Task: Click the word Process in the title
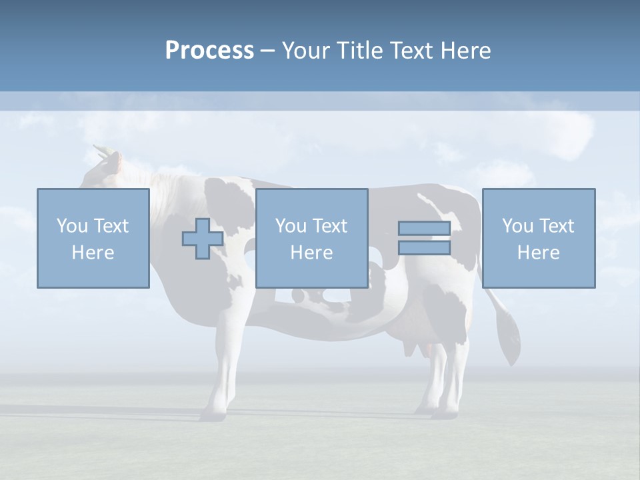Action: tap(209, 50)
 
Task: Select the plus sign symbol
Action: tap(203, 238)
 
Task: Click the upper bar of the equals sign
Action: tap(424, 229)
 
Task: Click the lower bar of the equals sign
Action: tap(424, 247)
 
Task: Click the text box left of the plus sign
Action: tap(93, 238)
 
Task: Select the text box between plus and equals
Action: tap(311, 238)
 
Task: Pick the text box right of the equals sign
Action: tap(538, 238)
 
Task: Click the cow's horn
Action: tap(101, 150)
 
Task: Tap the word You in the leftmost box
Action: tap(72, 225)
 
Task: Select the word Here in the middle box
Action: tap(311, 252)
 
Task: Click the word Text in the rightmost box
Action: tap(557, 225)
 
